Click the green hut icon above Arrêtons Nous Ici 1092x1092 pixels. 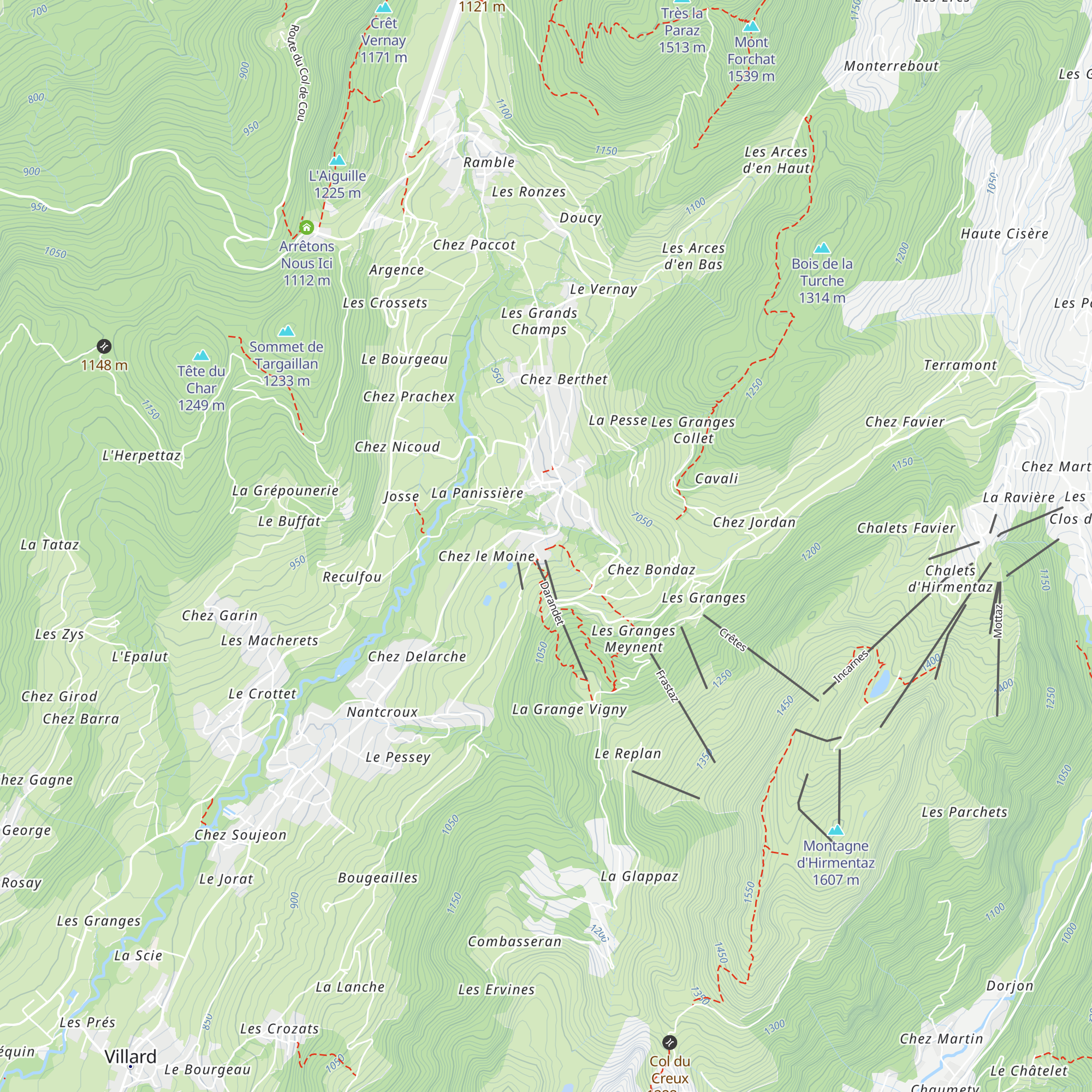pos(306,228)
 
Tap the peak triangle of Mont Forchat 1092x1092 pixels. pos(751,26)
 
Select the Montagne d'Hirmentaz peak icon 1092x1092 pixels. pos(835,830)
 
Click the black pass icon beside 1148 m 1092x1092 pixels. pos(104,346)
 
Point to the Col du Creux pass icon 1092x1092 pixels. pos(669,1042)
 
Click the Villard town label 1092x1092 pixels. pos(130,1057)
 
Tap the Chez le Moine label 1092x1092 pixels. pos(486,556)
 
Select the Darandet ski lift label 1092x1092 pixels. pos(551,603)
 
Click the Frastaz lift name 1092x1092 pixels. pos(667,686)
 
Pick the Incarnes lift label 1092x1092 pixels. pos(851,667)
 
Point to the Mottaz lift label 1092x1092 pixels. pos(998,621)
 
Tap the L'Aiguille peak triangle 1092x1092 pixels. pos(337,161)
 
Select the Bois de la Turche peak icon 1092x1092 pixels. pos(822,248)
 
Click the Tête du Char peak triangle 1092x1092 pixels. pos(201,355)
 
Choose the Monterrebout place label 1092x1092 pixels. pos(891,66)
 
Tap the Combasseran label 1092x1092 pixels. pos(514,941)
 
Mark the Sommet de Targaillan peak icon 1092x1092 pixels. pos(287,331)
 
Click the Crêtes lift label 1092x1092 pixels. pos(733,639)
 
